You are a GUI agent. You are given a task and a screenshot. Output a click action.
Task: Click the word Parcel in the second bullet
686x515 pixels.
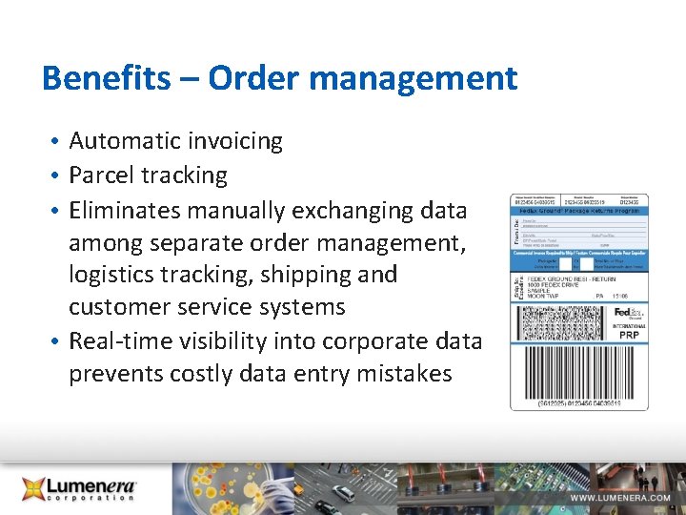[101, 175]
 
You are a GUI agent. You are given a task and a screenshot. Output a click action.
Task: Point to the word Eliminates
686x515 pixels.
[126, 209]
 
